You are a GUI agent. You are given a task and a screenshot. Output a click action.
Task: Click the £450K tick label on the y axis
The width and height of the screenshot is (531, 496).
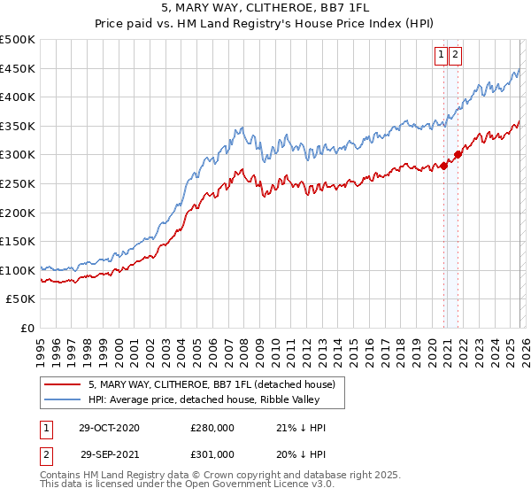click(18, 68)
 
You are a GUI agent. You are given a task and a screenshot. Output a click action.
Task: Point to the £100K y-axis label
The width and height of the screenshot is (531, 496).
click(18, 270)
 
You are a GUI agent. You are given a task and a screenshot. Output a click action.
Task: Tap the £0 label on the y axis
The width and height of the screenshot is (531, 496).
click(27, 328)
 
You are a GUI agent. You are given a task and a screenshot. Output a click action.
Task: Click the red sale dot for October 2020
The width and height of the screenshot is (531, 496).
click(443, 167)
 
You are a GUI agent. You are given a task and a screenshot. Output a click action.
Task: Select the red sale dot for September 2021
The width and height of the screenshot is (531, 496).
click(458, 154)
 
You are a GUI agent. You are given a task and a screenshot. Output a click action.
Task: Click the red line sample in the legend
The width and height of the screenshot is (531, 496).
click(62, 385)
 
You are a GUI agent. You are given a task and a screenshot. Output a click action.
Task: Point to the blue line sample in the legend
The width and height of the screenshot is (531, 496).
click(62, 399)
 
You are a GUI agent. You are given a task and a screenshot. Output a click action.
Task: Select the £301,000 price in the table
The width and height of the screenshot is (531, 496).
click(212, 454)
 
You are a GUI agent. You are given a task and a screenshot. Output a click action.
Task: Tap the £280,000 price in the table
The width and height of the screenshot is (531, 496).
click(212, 428)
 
